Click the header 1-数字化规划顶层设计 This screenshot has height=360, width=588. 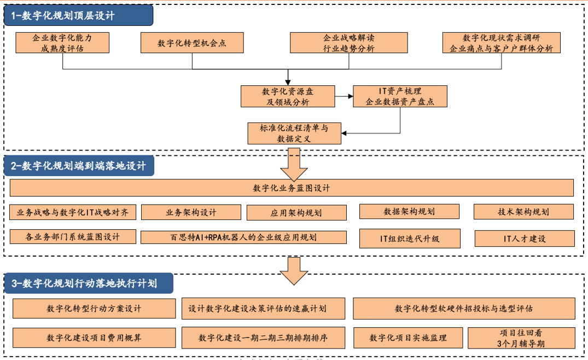(x=78, y=15)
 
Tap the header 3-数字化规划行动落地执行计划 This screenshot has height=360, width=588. (x=89, y=283)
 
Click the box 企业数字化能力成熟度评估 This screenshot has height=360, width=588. (x=62, y=43)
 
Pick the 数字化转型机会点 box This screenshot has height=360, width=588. (x=191, y=43)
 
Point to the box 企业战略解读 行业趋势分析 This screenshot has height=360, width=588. (x=348, y=43)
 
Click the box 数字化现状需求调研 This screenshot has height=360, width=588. (x=501, y=43)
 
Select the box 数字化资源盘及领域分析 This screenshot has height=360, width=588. (x=287, y=96)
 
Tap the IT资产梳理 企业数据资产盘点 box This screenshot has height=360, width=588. (x=400, y=96)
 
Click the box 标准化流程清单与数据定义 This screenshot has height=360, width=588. (x=294, y=133)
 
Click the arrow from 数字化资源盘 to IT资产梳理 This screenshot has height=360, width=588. (x=344, y=97)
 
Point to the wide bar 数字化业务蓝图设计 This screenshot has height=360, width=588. (x=292, y=188)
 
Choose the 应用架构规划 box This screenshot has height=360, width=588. (x=296, y=212)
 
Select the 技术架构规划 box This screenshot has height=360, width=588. (x=523, y=212)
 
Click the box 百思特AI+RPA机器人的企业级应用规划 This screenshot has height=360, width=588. (x=243, y=237)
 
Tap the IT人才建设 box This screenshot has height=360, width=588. (x=524, y=238)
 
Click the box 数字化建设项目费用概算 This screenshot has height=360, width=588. (x=94, y=338)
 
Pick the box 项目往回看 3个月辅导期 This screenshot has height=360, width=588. (x=521, y=338)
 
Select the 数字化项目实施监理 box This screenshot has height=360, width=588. (x=408, y=338)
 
